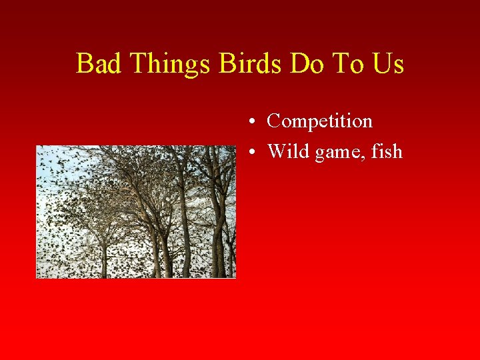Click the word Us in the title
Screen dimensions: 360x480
[x=389, y=64]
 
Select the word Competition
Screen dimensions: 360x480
[x=319, y=121]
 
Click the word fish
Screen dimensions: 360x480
[x=387, y=151]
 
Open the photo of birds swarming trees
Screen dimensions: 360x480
[x=136, y=211]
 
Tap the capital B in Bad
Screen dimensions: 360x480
[x=84, y=64]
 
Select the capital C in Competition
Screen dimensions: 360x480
[x=273, y=121]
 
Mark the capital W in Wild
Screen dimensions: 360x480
[x=276, y=151]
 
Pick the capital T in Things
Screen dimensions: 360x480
[x=139, y=64]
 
